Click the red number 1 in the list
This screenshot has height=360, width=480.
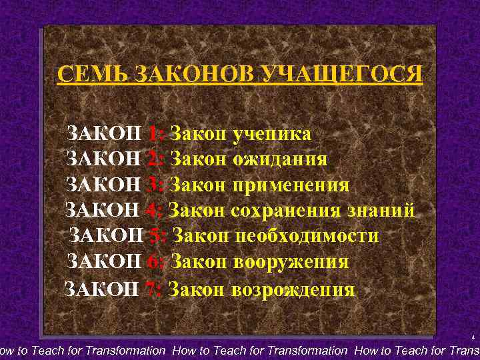click(x=153, y=134)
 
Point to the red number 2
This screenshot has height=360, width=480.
click(x=153, y=159)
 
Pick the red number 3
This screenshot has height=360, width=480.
click(x=153, y=185)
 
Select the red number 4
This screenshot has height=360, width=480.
click(x=152, y=211)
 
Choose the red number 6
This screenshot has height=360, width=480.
click(x=153, y=262)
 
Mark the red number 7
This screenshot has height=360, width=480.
click(x=151, y=289)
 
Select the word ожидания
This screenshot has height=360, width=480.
click(x=280, y=159)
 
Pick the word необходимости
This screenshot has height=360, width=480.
click(x=306, y=236)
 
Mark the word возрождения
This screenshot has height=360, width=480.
click(x=293, y=289)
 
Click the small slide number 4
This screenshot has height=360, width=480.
click(x=472, y=337)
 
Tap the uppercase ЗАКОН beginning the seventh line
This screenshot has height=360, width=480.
click(x=101, y=289)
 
